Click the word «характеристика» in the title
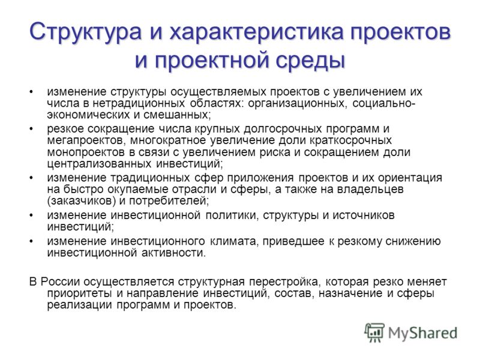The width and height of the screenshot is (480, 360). [258, 32]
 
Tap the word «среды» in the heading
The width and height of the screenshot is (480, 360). [310, 59]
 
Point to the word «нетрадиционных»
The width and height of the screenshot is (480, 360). [139, 103]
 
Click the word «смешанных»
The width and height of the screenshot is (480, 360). [177, 115]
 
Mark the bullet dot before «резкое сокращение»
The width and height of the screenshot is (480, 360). [31, 129]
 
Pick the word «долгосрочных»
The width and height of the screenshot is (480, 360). [283, 129]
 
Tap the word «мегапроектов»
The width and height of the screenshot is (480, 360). [87, 141]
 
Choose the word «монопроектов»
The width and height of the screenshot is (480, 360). [86, 152]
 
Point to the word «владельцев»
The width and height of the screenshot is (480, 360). [370, 190]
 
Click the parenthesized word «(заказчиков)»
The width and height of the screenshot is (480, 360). [83, 201]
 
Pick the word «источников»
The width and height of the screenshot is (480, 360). [364, 215]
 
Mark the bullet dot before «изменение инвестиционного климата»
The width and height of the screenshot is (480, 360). [31, 241]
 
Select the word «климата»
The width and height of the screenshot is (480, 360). [233, 241]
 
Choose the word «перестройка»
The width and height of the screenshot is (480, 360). [284, 281]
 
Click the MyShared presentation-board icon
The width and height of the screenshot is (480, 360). [374, 333]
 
